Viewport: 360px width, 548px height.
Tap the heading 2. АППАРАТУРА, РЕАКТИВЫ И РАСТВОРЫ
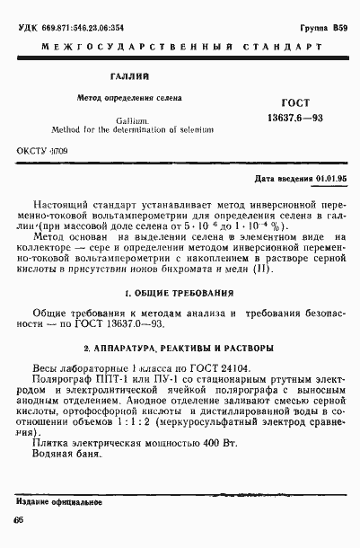tap(180, 348)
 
